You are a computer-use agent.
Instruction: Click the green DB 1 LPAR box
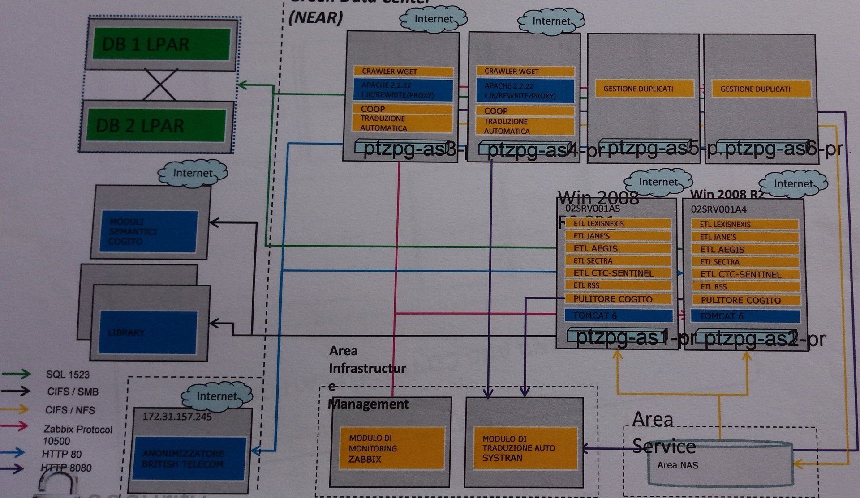161,44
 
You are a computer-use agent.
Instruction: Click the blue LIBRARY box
148,332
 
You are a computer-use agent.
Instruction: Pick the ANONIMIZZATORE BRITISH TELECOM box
189,459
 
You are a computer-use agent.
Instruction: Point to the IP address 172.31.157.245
177,417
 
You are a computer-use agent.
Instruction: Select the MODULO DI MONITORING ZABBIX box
391,448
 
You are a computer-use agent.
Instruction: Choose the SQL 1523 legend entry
68,375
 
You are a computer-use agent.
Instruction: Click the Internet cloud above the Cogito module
193,173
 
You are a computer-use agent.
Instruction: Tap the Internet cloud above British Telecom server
217,396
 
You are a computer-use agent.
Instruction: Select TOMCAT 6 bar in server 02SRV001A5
618,315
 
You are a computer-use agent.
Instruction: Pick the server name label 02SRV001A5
592,209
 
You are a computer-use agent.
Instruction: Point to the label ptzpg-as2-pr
764,339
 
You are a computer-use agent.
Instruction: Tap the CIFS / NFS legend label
70,410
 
